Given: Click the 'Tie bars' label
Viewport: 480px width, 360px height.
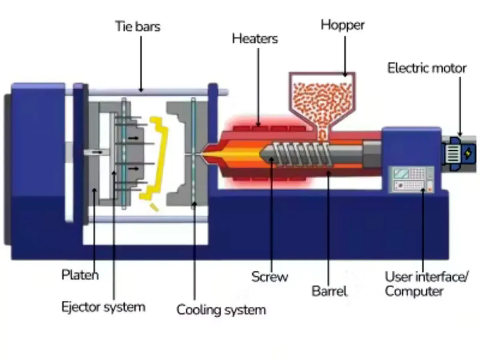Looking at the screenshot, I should coord(138,26).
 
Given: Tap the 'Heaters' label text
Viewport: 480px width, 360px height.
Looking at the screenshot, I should coord(255,39).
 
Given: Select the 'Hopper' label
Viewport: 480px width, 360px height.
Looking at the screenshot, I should coord(342,25).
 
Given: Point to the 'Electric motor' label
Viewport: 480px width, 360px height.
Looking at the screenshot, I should coord(427,68).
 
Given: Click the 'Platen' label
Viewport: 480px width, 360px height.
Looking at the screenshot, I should coord(80,275).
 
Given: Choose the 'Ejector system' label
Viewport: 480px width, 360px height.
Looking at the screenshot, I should coord(103,307).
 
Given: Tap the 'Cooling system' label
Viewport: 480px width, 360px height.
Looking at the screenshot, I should coord(221,310).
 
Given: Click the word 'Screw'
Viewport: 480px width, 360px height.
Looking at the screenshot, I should coord(270,276).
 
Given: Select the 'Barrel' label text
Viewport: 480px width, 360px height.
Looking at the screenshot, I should coord(329,291).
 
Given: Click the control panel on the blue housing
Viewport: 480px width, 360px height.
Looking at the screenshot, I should coord(412,179).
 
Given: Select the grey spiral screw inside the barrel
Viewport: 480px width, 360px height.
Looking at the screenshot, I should coord(298,154).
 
